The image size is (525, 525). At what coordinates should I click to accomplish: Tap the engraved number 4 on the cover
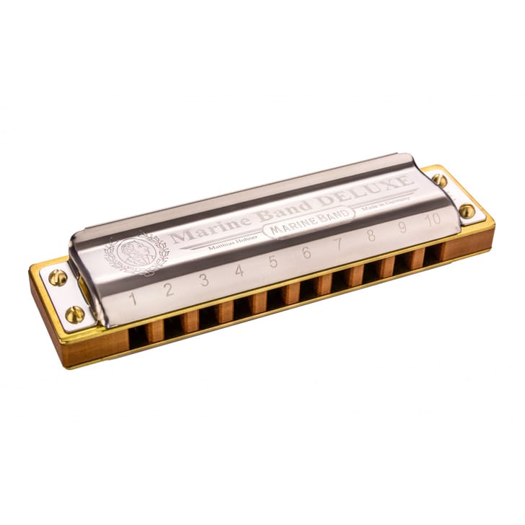click(x=239, y=271)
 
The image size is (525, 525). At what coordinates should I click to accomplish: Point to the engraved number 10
click(x=432, y=220)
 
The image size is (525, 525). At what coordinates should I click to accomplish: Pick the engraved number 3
click(x=204, y=280)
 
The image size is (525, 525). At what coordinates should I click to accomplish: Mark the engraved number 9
click(x=402, y=227)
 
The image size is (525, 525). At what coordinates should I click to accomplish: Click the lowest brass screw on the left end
click(x=74, y=314)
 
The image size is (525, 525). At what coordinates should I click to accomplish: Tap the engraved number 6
click(x=306, y=253)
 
